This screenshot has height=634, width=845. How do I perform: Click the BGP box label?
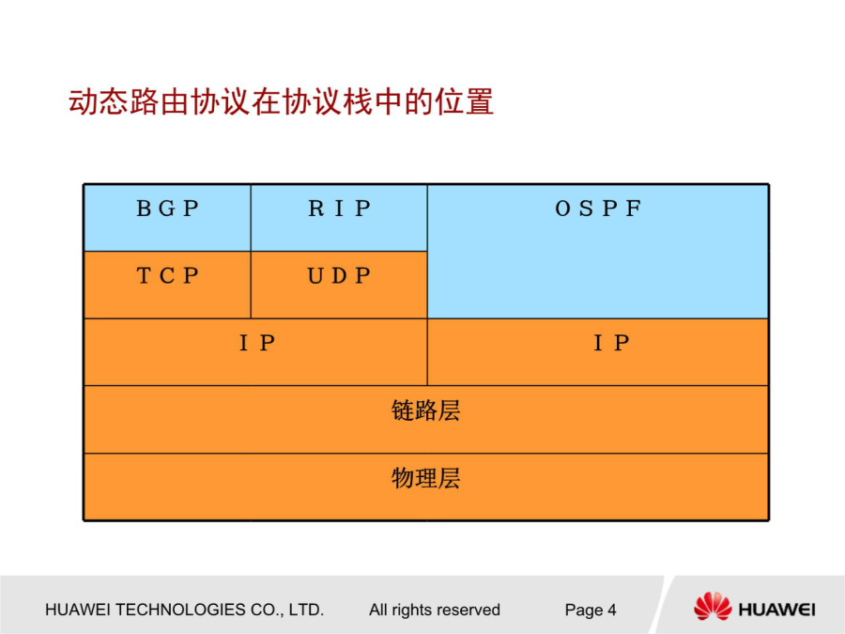[x=168, y=209]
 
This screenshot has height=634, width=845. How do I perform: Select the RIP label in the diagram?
[x=340, y=209]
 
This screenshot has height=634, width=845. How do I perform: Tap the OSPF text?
[x=598, y=209]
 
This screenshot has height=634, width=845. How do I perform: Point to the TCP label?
[x=168, y=276]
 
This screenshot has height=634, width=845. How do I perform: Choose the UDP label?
[x=339, y=276]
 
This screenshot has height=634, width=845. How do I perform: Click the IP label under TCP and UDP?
[x=257, y=343]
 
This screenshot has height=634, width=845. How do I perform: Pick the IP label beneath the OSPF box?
[x=611, y=343]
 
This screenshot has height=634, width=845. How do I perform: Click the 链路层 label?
[x=425, y=410]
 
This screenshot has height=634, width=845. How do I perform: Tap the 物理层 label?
[x=425, y=478]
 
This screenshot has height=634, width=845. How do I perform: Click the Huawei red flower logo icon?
[x=713, y=607]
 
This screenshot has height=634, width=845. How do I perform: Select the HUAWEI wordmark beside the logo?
[x=776, y=610]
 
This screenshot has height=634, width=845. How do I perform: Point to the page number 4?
[x=611, y=610]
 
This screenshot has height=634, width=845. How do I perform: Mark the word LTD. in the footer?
[x=306, y=610]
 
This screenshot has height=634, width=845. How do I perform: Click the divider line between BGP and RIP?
[x=251, y=218]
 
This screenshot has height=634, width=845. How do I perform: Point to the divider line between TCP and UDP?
[x=251, y=285]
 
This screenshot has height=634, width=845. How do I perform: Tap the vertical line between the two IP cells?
[x=427, y=352]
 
